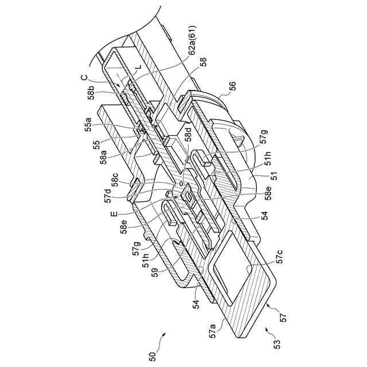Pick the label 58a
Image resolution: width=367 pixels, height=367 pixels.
[x=104, y=155]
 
